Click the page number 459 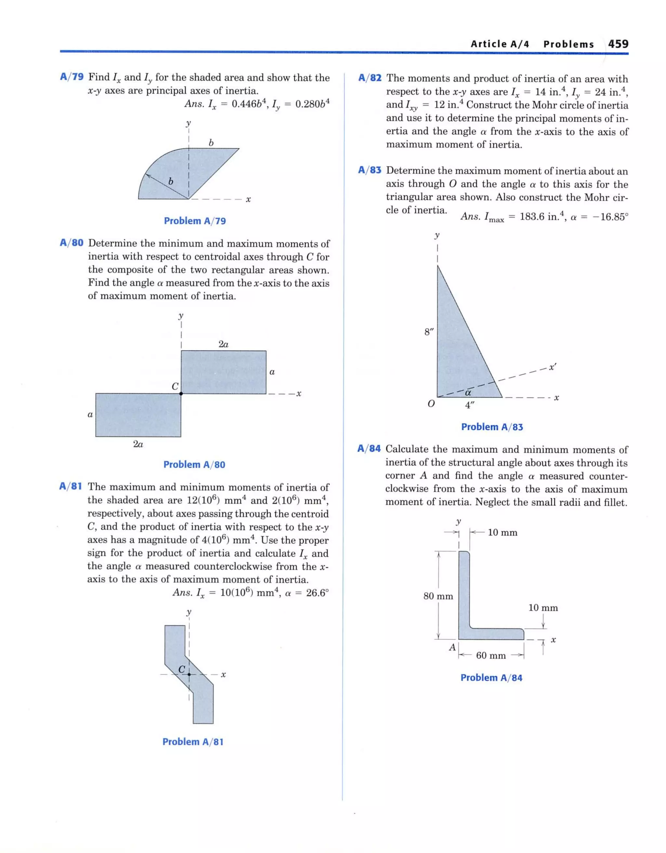pos(618,44)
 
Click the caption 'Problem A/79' pos(194,221)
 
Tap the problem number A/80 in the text pos(72,243)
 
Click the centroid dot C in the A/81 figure pos(189,674)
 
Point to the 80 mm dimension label pos(438,596)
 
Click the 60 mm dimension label pos(491,655)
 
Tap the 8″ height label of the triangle pos(429,332)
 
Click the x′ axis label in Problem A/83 pos(552,367)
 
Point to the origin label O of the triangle pos(431,404)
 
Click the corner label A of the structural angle pos(452,647)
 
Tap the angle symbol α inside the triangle pos(468,392)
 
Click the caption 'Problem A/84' pos(491,677)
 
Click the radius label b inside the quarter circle pos(170,181)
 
